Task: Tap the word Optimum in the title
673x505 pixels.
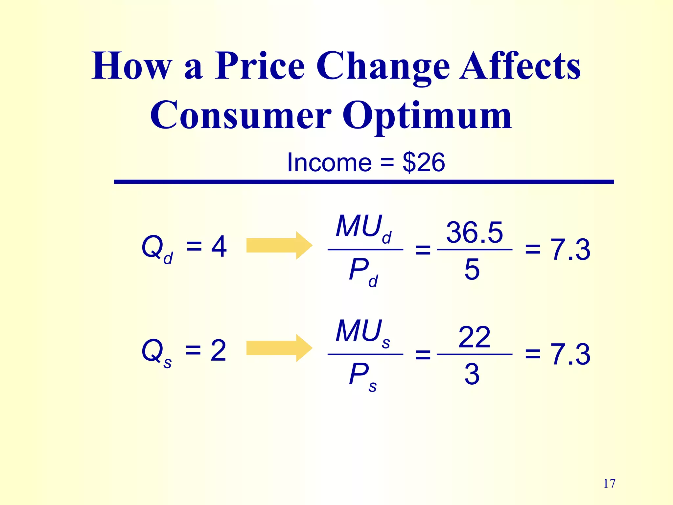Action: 427,116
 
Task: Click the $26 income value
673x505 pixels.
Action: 424,162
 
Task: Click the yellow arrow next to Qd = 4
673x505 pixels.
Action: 279,246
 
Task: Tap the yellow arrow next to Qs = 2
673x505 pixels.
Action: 279,348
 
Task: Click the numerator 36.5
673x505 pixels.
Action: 474,233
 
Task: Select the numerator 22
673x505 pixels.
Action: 474,337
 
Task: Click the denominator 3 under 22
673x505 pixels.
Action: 472,374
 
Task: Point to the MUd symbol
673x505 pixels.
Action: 363,228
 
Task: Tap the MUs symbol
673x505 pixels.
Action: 363,332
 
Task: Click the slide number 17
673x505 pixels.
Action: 609,484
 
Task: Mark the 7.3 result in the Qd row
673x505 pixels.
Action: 570,250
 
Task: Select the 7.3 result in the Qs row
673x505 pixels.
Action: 570,354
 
